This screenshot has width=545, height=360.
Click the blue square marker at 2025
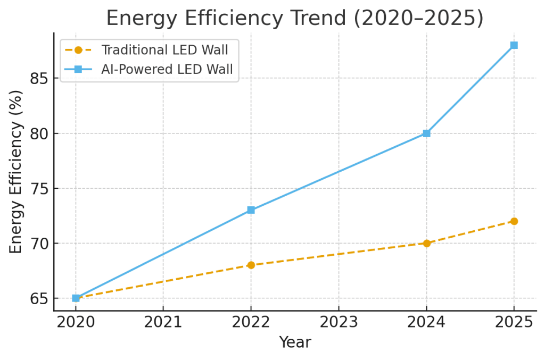514,45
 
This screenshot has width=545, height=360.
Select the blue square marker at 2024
426,133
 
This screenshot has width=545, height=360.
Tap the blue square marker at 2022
251,210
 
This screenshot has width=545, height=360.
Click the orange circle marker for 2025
514,221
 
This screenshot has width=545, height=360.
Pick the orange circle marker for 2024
426,243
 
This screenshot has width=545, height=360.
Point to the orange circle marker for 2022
251,265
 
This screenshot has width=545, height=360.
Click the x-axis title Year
295,342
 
